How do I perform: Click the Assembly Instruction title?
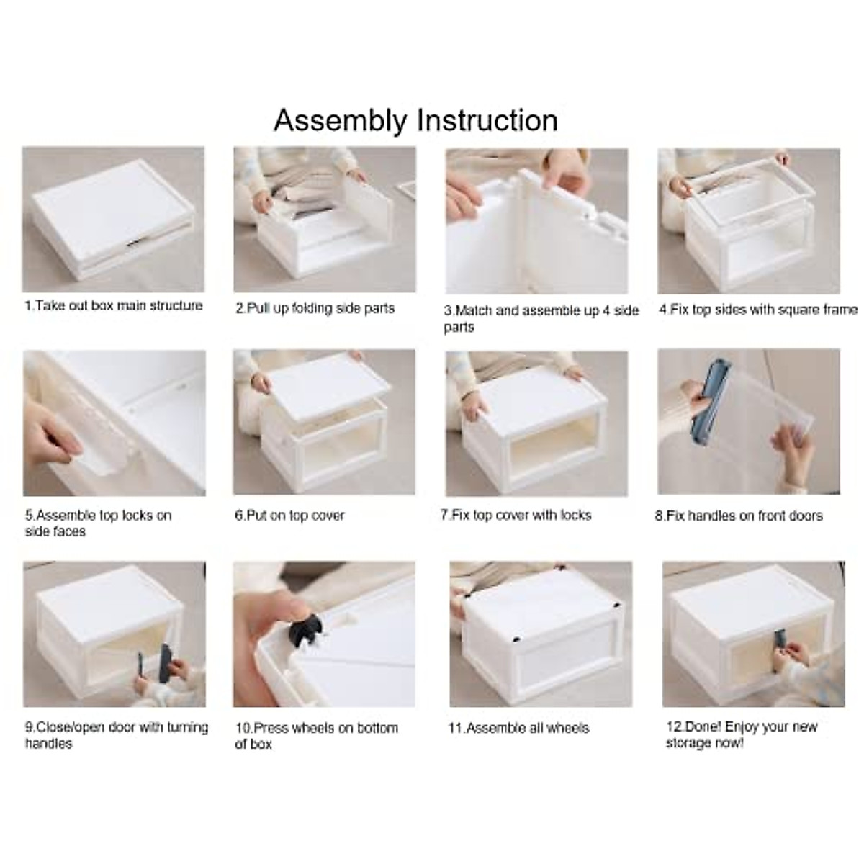tap(415, 120)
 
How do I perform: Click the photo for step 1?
tap(113, 219)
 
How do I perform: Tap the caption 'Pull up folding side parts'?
tap(315, 308)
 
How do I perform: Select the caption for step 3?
tap(541, 318)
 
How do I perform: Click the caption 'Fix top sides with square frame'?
tap(757, 310)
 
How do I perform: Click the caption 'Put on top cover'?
tap(289, 516)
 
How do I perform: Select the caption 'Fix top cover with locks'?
tap(516, 516)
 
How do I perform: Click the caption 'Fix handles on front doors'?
tap(738, 516)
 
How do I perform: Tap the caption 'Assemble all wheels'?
tap(518, 728)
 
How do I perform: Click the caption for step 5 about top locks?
tap(98, 523)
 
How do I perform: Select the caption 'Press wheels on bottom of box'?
tap(316, 736)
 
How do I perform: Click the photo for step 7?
tap(536, 423)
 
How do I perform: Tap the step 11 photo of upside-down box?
tap(541, 634)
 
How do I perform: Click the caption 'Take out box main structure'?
tap(114, 306)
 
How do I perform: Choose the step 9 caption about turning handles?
tap(116, 735)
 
